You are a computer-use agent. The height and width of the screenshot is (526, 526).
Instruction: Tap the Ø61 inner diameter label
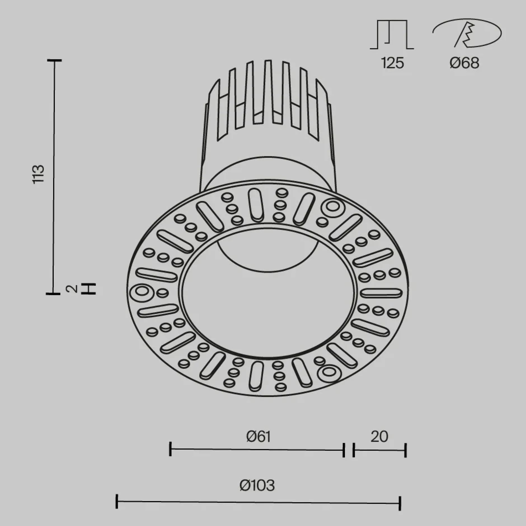click(259, 437)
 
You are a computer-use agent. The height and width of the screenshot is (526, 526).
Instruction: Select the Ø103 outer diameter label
click(257, 485)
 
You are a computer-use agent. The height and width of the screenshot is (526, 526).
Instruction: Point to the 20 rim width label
click(379, 436)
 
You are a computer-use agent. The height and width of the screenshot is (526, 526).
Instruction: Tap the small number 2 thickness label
click(72, 289)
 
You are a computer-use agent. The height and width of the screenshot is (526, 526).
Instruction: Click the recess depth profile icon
click(392, 34)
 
